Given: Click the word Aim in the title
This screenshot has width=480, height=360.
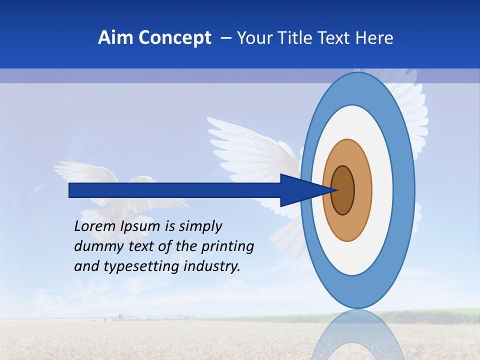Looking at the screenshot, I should [115, 38].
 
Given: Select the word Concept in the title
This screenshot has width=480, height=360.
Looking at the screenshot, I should [175, 38].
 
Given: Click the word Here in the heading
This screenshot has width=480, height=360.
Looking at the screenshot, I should [375, 38].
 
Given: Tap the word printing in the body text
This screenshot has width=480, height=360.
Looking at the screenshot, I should [228, 246].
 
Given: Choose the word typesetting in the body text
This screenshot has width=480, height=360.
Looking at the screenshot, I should [135, 266].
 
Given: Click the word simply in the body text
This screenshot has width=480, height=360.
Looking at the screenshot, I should [200, 226].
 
